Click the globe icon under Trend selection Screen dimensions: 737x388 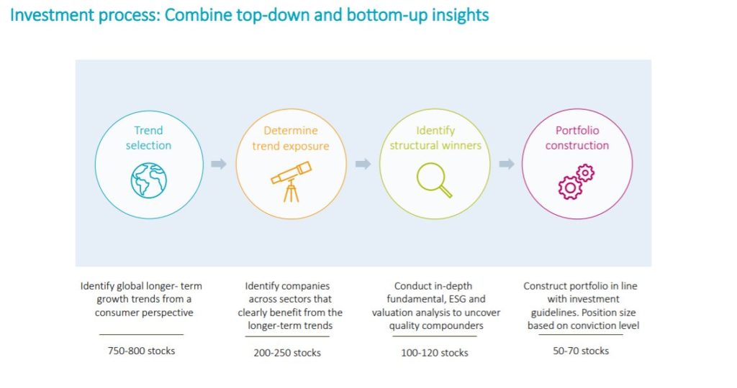click(148, 180)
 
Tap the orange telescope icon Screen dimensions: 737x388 click(291, 182)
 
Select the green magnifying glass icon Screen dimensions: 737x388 click(434, 180)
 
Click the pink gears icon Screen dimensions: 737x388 click(577, 182)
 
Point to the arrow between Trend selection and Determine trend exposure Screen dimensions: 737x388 click(219, 164)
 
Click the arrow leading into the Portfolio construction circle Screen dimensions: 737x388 click(506, 164)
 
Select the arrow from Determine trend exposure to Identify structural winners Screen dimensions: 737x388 click(363, 164)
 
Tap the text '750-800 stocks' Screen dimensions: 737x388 click(141, 351)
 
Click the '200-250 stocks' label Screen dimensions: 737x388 click(287, 353)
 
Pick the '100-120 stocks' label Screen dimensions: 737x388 click(434, 353)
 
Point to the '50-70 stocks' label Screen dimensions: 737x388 click(581, 351)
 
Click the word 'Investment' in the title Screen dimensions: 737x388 click(48, 15)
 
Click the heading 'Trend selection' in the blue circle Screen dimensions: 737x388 click(148, 138)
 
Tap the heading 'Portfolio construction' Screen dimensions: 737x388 click(577, 138)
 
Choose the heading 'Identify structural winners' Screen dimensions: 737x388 click(435, 138)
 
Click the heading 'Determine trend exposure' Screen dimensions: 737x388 click(291, 138)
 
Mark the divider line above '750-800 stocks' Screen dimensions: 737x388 click(141, 335)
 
